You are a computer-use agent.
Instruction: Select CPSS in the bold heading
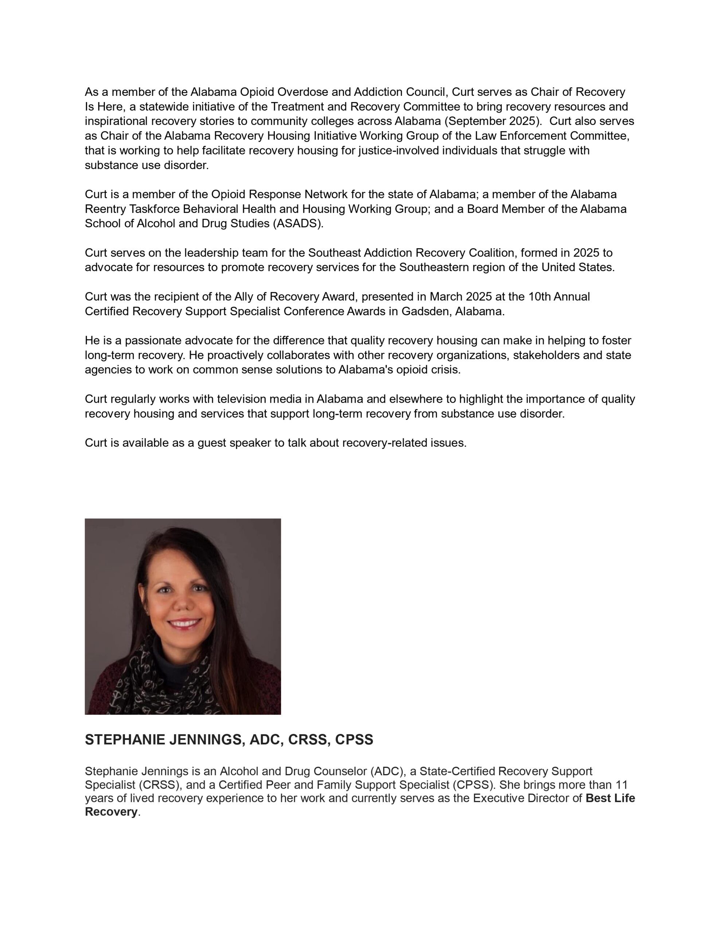tap(354, 740)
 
